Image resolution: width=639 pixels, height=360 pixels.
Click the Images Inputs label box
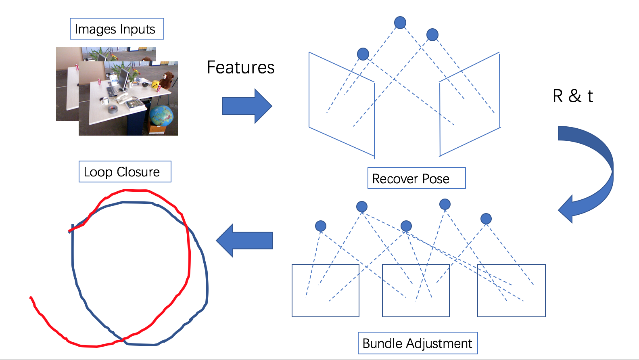[117, 29]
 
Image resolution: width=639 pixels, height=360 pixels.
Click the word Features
[240, 67]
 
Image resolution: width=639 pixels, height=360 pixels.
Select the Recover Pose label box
[416, 178]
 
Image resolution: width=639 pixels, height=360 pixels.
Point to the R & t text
[572, 96]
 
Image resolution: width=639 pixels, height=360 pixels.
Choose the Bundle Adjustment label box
[418, 343]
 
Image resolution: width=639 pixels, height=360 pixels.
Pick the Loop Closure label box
[125, 172]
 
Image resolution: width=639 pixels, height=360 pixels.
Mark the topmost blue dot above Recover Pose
[400, 23]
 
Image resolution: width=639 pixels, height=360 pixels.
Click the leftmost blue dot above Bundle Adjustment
[321, 226]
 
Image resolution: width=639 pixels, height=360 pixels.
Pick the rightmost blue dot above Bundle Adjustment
[486, 219]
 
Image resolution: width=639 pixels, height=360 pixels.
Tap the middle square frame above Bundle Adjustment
[416, 291]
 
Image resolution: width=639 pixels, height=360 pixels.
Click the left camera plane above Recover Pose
[341, 104]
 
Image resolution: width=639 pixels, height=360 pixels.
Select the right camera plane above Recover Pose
[470, 104]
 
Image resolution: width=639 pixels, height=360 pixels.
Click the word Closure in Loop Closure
[138, 172]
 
